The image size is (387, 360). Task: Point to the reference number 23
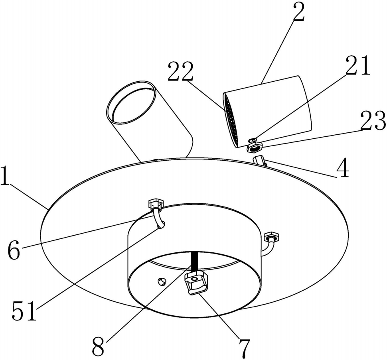click(x=373, y=122)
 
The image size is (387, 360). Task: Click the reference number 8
click(x=99, y=346)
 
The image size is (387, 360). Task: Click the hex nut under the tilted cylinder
click(x=253, y=147)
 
